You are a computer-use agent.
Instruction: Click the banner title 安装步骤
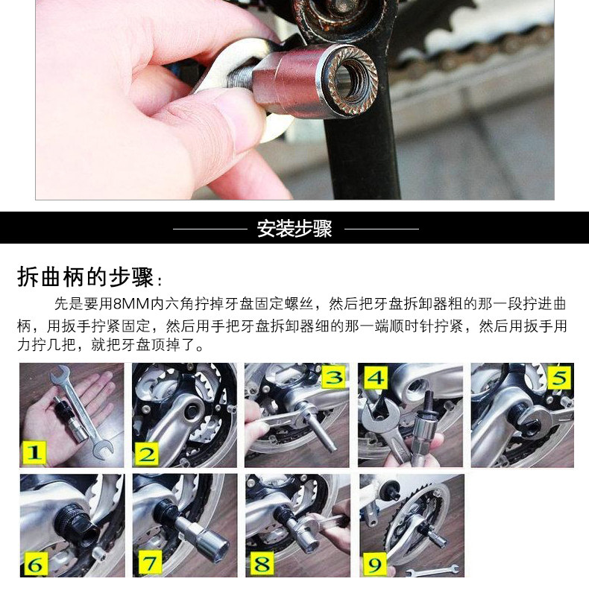294,228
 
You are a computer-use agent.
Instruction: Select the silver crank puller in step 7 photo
179,525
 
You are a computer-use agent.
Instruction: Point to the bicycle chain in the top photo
477,71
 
